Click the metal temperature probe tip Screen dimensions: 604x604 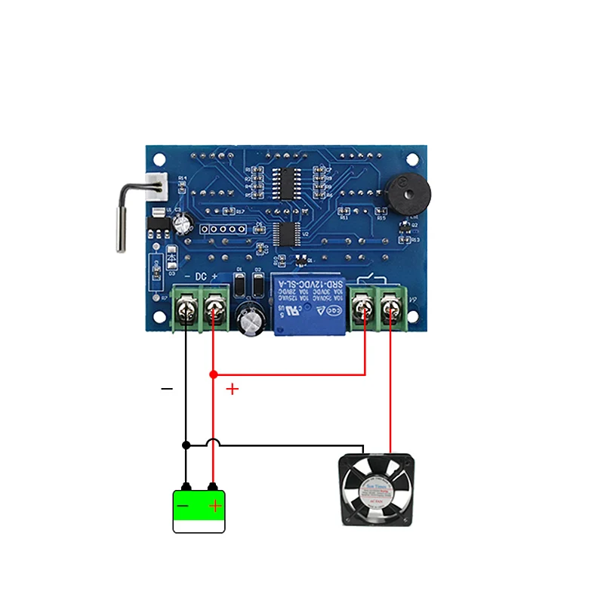click(119, 226)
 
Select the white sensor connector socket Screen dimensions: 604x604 click(157, 186)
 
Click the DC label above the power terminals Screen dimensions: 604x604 click(200, 277)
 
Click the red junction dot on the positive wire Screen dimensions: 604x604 click(213, 374)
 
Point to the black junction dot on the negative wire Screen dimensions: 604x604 click(186, 445)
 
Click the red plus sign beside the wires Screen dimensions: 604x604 click(233, 389)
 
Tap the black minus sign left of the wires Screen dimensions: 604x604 click(167, 389)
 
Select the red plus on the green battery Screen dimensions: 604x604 click(215, 505)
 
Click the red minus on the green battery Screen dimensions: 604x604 click(183, 505)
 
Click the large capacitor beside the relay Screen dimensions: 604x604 click(250, 321)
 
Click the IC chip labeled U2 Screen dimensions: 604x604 click(286, 233)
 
